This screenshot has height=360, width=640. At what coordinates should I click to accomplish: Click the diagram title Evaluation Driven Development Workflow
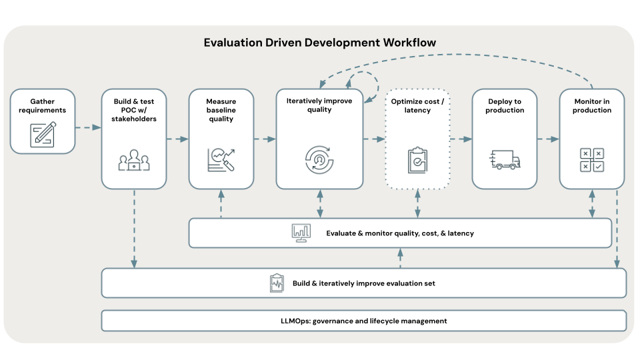pos(320,43)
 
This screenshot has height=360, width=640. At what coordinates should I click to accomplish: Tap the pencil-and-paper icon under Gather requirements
pos(43,133)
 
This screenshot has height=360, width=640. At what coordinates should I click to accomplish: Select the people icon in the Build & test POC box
pos(134,160)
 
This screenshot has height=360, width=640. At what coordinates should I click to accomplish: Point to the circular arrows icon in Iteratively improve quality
pos(319,158)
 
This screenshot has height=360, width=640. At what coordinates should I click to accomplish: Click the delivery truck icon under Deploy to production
pos(505,159)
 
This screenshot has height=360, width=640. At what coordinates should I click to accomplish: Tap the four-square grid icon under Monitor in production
pos(591,159)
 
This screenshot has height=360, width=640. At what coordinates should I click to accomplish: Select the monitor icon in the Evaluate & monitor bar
pos(301,233)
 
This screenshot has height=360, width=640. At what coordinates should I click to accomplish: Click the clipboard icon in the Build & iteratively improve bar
pos(277,283)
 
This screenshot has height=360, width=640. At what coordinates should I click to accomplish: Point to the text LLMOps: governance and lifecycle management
pos(364,321)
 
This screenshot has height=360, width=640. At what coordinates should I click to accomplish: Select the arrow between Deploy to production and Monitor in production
pos(548,139)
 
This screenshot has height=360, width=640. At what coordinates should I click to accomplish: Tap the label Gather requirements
pos(43,105)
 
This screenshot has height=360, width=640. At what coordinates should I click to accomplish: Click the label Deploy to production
pos(505,105)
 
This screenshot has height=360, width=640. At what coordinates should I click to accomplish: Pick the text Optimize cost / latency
pos(417,105)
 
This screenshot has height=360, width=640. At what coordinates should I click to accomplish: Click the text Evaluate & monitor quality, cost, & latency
pos(400,233)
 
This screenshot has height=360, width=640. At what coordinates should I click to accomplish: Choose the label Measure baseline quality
pos(221,110)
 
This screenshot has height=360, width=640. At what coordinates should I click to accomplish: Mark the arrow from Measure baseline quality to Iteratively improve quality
pos(265,139)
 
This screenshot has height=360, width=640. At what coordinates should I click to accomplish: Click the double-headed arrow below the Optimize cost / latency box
pos(417,203)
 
